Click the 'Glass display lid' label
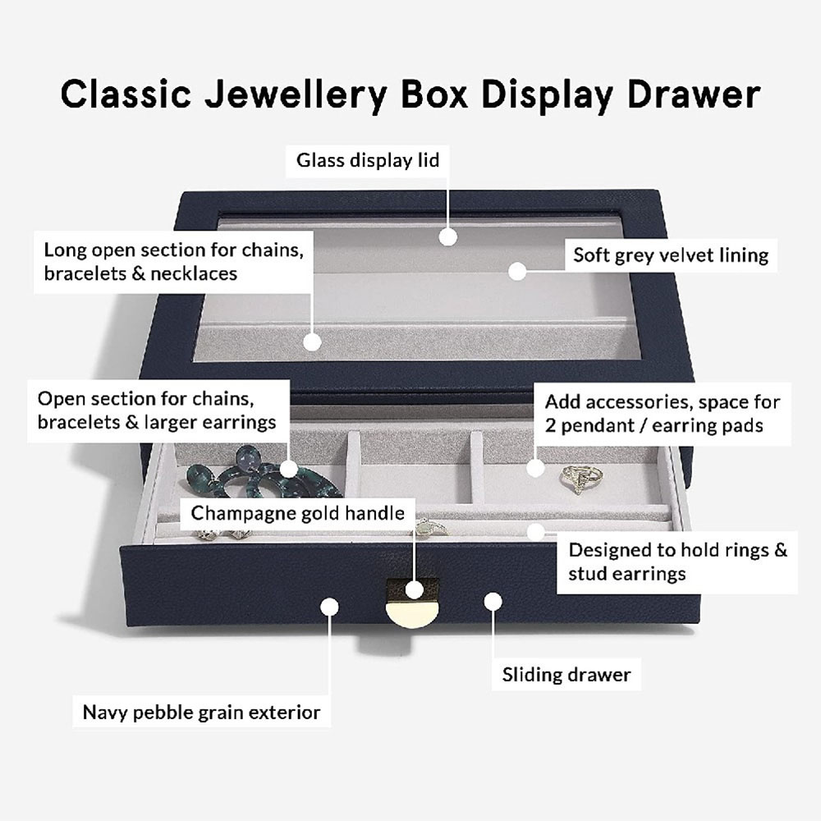[x=368, y=160]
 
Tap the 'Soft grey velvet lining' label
[x=671, y=255]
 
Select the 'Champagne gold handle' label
[x=297, y=513]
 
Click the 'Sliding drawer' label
[x=566, y=674]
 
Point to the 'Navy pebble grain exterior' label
[x=202, y=712]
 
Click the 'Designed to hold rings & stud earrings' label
[x=677, y=562]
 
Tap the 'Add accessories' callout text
[x=663, y=414]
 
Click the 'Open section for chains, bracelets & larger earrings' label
[x=157, y=410]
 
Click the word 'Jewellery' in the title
[x=296, y=94]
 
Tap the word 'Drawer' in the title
[x=694, y=94]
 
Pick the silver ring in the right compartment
[x=581, y=479]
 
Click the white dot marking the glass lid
[x=447, y=236]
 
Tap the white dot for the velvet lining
[x=516, y=271]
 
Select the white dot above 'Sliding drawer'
[x=493, y=602]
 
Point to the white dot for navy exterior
[x=329, y=607]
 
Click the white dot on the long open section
[x=312, y=342]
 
